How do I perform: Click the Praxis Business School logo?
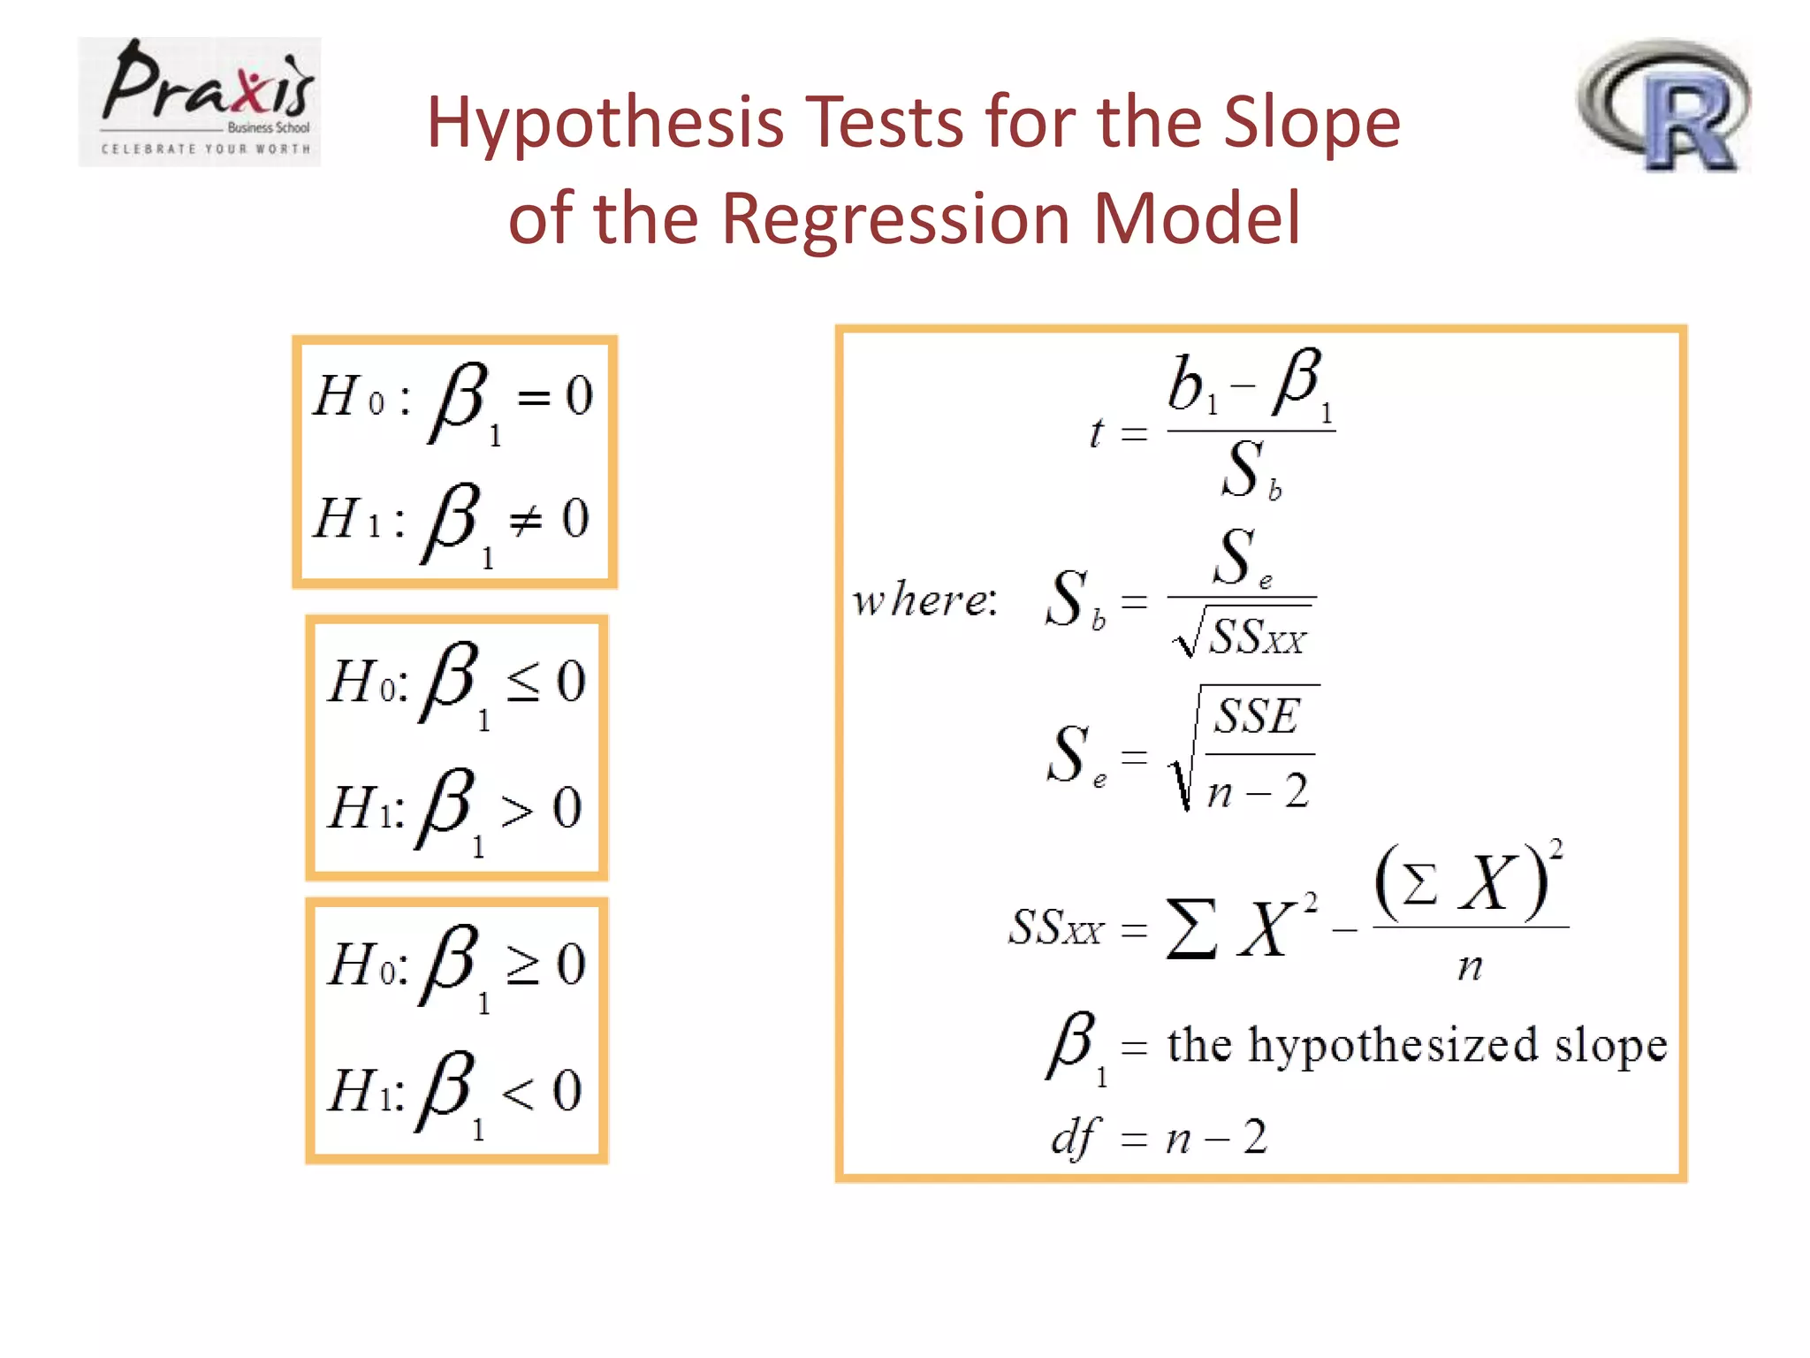coord(200,101)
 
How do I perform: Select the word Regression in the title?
coord(896,218)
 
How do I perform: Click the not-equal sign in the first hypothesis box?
coord(526,521)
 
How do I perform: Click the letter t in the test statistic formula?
coord(1097,432)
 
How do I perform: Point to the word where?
coord(924,600)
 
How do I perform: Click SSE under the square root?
coord(1257,716)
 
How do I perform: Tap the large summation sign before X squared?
coord(1191,928)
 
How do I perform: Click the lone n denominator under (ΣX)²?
coord(1470,966)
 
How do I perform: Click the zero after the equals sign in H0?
coord(579,395)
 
